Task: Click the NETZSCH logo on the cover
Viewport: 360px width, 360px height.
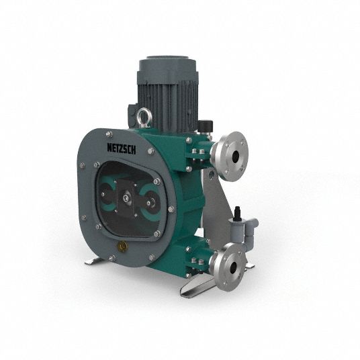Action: (122, 148)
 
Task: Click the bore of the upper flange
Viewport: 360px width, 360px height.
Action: (235, 157)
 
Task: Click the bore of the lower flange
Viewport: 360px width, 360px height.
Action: (233, 267)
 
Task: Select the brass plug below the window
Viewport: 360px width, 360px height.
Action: (122, 246)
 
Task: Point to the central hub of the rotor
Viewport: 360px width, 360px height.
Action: (126, 198)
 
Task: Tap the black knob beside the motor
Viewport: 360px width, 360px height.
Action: (206, 126)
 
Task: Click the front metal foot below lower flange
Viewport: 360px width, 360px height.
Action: (195, 286)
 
